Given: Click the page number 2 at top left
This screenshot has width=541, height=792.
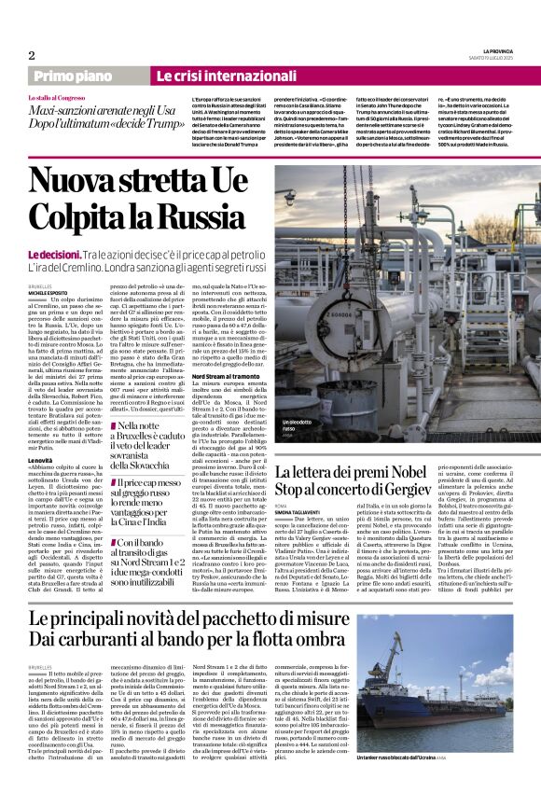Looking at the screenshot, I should (31, 55).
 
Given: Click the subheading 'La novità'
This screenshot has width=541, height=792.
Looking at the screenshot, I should (40, 461).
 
